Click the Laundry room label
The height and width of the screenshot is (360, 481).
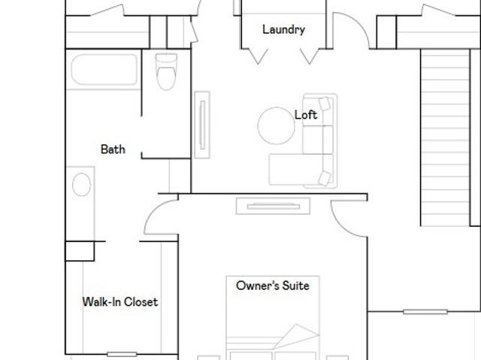tap(284, 29)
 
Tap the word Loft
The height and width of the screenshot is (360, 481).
tap(306, 115)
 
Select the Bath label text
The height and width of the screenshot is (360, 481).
tap(113, 150)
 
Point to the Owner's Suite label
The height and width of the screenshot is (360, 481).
tap(273, 286)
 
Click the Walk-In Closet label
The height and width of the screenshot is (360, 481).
tap(120, 301)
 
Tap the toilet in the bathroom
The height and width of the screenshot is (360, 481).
tap(166, 71)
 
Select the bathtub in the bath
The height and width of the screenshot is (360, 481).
tap(104, 70)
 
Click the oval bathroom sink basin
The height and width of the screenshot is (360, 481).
tap(81, 184)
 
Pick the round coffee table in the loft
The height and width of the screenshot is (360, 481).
tap(276, 126)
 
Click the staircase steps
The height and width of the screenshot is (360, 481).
tap(445, 138)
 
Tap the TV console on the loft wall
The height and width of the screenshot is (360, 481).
tap(202, 125)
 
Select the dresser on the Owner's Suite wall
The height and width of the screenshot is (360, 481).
tap(273, 206)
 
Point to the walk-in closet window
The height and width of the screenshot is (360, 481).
tap(122, 355)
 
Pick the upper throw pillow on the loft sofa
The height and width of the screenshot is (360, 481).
tap(325, 104)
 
